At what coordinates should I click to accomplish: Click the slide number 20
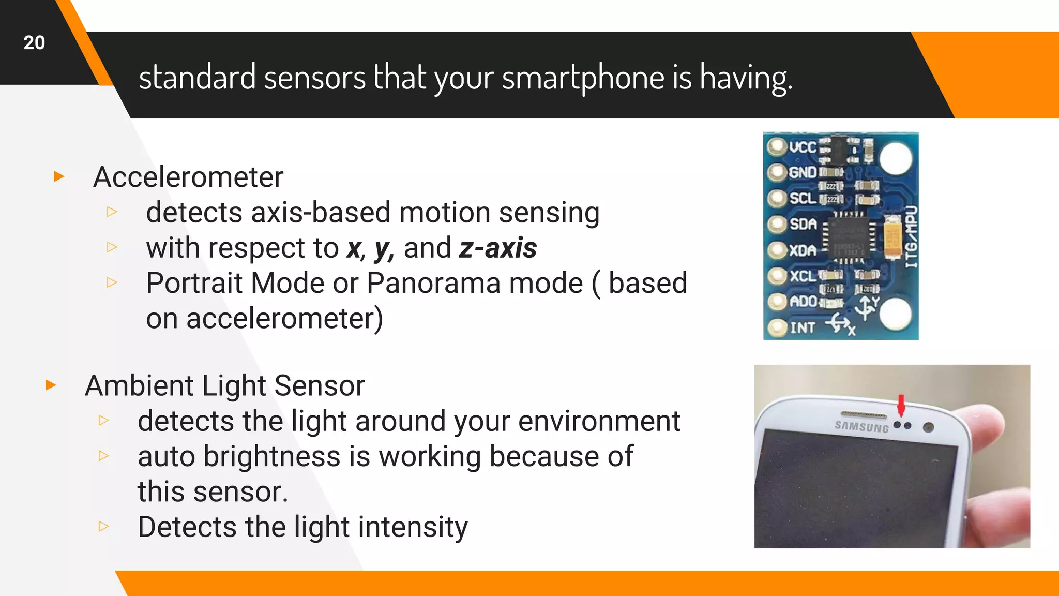click(34, 42)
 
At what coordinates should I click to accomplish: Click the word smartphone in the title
click(583, 78)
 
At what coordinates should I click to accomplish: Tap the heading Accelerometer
click(188, 177)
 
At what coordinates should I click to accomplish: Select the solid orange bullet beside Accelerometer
click(59, 177)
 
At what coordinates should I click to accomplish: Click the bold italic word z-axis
click(497, 248)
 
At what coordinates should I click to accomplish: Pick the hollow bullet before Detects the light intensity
click(104, 527)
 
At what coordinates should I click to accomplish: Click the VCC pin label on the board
click(803, 147)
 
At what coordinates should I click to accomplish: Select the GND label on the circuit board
click(803, 172)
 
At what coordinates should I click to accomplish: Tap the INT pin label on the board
click(802, 328)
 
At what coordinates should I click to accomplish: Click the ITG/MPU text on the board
click(911, 237)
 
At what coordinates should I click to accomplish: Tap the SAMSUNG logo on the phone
click(861, 426)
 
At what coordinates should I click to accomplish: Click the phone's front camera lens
click(928, 427)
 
